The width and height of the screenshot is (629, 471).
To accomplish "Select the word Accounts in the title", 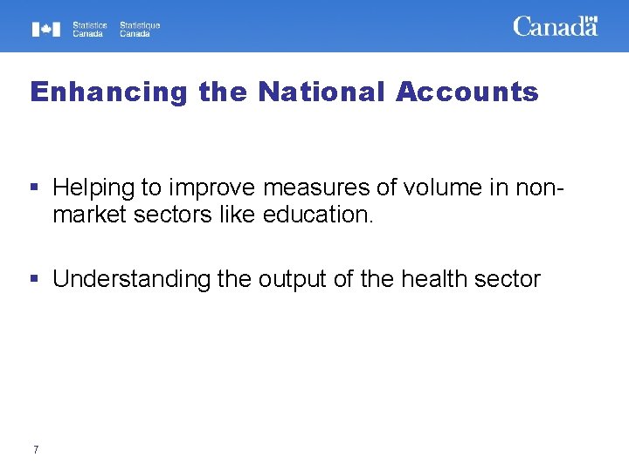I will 467,92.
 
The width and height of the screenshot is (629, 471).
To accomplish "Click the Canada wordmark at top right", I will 554,27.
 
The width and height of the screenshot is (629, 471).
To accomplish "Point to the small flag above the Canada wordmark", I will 591,18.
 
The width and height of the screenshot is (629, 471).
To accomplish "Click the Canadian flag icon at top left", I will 46,30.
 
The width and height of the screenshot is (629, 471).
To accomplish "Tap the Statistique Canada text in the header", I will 140,30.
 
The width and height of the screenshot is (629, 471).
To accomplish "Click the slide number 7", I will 35,450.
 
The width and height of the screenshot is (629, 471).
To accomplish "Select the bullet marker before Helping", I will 35,187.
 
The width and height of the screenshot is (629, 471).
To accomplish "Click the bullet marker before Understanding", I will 35,279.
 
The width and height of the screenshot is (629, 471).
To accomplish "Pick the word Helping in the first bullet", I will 93,188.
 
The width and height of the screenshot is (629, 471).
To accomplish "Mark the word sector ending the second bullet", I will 511,280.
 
